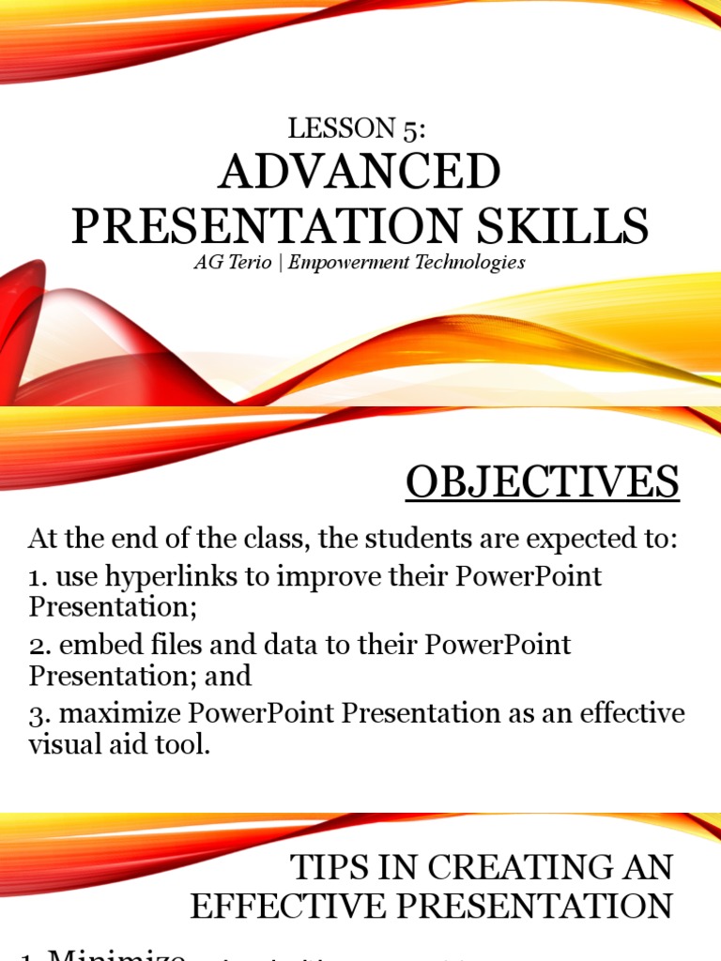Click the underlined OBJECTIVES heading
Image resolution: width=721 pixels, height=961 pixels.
pyautogui.click(x=542, y=483)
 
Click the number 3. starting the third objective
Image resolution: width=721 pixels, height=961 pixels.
pyautogui.click(x=38, y=714)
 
